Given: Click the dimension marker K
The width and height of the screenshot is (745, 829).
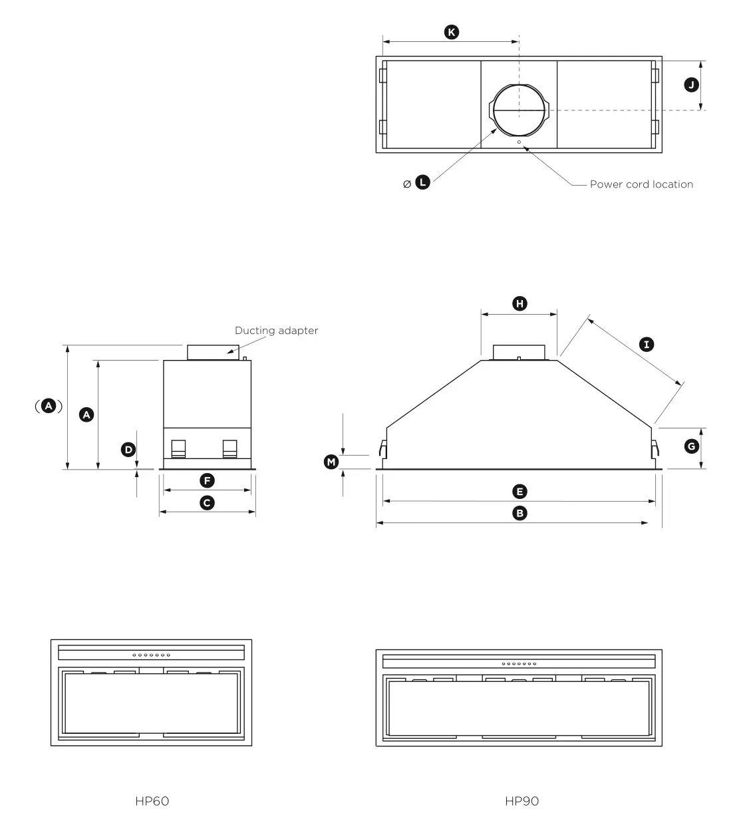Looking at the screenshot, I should point(452,32).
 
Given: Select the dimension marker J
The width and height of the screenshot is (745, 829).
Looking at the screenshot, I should point(692,84).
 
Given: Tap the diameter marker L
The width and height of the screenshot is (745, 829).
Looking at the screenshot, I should point(422,182).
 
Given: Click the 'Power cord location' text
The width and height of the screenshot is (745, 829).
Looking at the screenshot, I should point(641,184).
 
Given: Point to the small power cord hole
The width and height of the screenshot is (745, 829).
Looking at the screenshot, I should point(519,142).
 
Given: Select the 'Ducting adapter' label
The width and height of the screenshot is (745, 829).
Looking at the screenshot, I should point(276,331).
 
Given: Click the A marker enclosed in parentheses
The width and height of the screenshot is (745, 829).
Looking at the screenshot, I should point(49,406).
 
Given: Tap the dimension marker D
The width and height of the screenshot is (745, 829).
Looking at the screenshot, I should point(128,450).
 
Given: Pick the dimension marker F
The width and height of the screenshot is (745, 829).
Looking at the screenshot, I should point(207,480).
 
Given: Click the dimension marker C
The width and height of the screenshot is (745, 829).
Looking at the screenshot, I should point(207,503).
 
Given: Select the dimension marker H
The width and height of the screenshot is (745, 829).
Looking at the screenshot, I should point(520,303).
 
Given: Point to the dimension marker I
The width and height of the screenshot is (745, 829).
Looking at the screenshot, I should point(646,344).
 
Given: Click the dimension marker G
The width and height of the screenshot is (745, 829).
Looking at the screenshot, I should point(692,446).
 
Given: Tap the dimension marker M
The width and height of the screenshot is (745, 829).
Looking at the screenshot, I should point(331,462).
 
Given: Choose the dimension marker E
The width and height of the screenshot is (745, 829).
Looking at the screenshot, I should point(520,492).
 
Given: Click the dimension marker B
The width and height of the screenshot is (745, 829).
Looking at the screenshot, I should point(520,513).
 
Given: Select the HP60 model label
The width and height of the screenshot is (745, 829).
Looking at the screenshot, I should point(152,801).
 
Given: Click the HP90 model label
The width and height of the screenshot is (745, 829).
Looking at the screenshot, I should point(521,801).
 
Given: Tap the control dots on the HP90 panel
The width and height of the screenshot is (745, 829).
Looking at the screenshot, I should point(519,663).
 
